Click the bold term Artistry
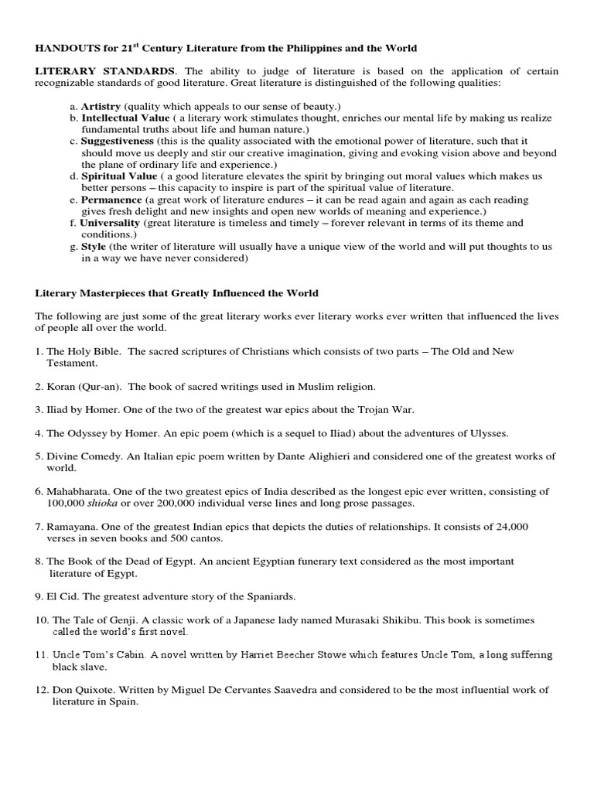102,105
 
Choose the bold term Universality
111,223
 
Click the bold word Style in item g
94,247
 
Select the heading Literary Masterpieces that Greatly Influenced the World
177,293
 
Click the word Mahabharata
82,491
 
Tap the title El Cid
63,596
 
